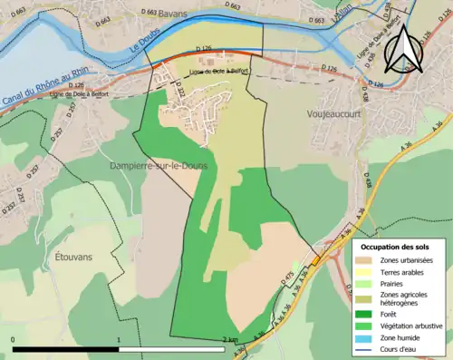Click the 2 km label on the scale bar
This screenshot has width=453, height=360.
234,340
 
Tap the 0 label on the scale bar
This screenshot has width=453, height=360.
14,340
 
